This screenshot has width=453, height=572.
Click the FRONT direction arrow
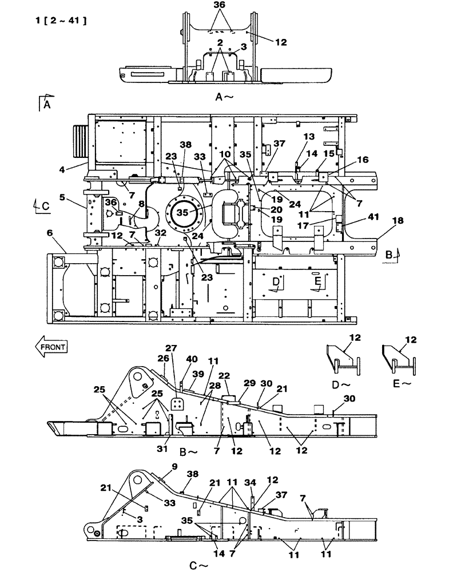coord(51,345)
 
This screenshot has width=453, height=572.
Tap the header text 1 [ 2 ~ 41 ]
coord(60,21)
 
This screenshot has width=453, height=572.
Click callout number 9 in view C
coord(159,466)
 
